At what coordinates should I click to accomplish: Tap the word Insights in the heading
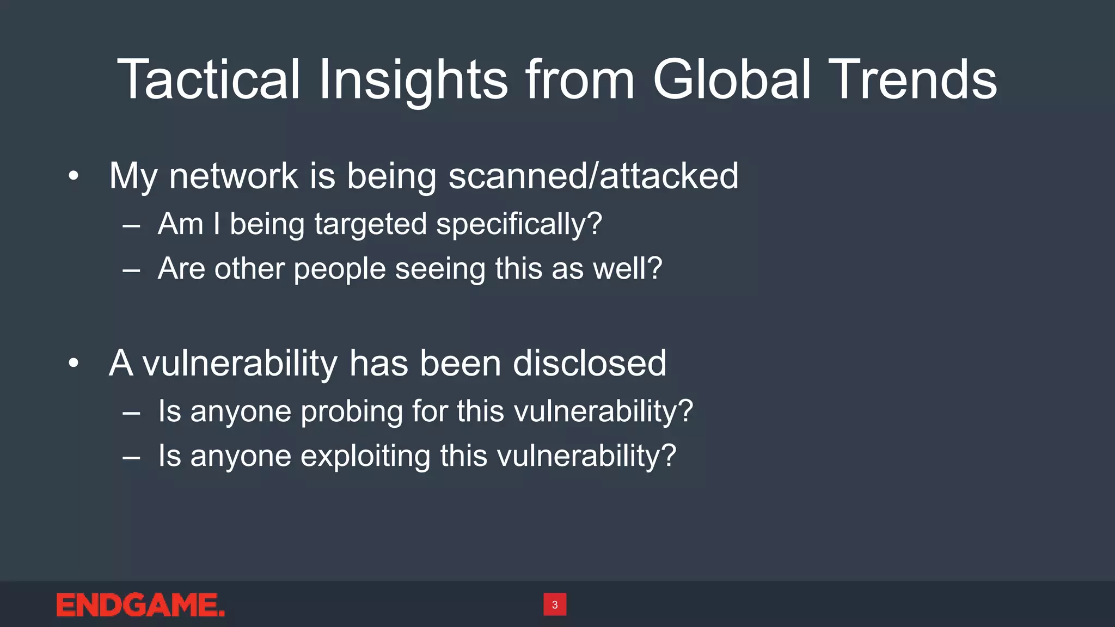click(413, 81)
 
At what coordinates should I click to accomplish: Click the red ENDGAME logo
click(140, 605)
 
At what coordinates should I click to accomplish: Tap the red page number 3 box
click(555, 604)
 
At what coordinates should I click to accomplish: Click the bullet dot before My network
click(74, 176)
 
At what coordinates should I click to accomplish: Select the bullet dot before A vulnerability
click(74, 363)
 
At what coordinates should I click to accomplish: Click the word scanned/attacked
click(593, 176)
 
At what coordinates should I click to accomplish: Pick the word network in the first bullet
click(234, 176)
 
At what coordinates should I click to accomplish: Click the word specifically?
click(519, 224)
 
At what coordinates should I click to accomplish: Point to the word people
click(340, 269)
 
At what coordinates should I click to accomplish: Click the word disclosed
click(589, 363)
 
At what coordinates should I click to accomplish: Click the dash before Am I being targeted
click(131, 225)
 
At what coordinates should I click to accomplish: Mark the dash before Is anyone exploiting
click(131, 457)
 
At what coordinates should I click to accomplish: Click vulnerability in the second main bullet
click(240, 363)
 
